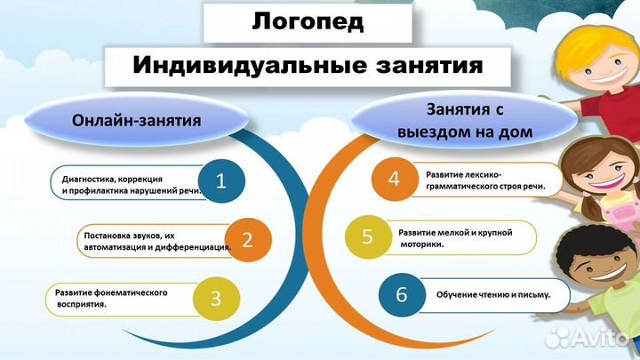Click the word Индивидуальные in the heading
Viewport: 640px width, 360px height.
[233, 67]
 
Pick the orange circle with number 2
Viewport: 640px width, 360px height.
[248, 239]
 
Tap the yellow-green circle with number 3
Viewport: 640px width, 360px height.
[215, 298]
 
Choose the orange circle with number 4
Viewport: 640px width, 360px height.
[395, 180]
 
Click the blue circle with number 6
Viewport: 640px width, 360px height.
[401, 294]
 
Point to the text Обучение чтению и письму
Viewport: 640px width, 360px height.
[492, 294]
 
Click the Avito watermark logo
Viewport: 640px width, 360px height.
[590, 336]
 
